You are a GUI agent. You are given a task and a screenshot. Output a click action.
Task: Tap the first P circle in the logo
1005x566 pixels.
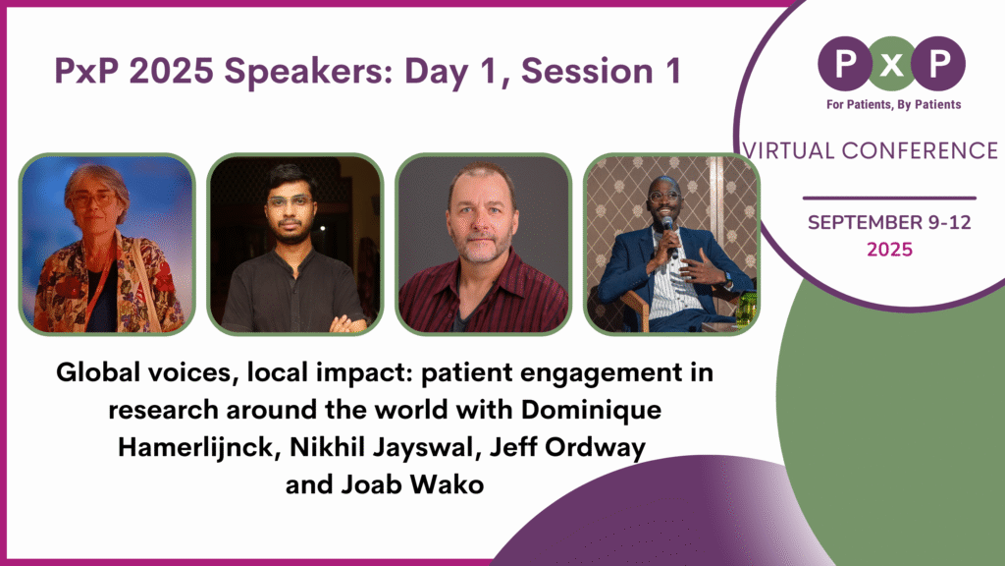[844, 63]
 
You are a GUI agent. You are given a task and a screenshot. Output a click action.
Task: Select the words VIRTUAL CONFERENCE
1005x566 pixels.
[871, 150]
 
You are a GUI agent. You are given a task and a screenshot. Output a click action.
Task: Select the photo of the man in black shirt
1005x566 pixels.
[293, 245]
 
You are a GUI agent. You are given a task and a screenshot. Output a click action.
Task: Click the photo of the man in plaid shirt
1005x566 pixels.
[482, 245]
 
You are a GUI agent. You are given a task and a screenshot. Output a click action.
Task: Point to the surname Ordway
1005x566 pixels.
[597, 448]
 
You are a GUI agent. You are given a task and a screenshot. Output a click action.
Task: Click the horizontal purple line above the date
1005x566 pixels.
[889, 198]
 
